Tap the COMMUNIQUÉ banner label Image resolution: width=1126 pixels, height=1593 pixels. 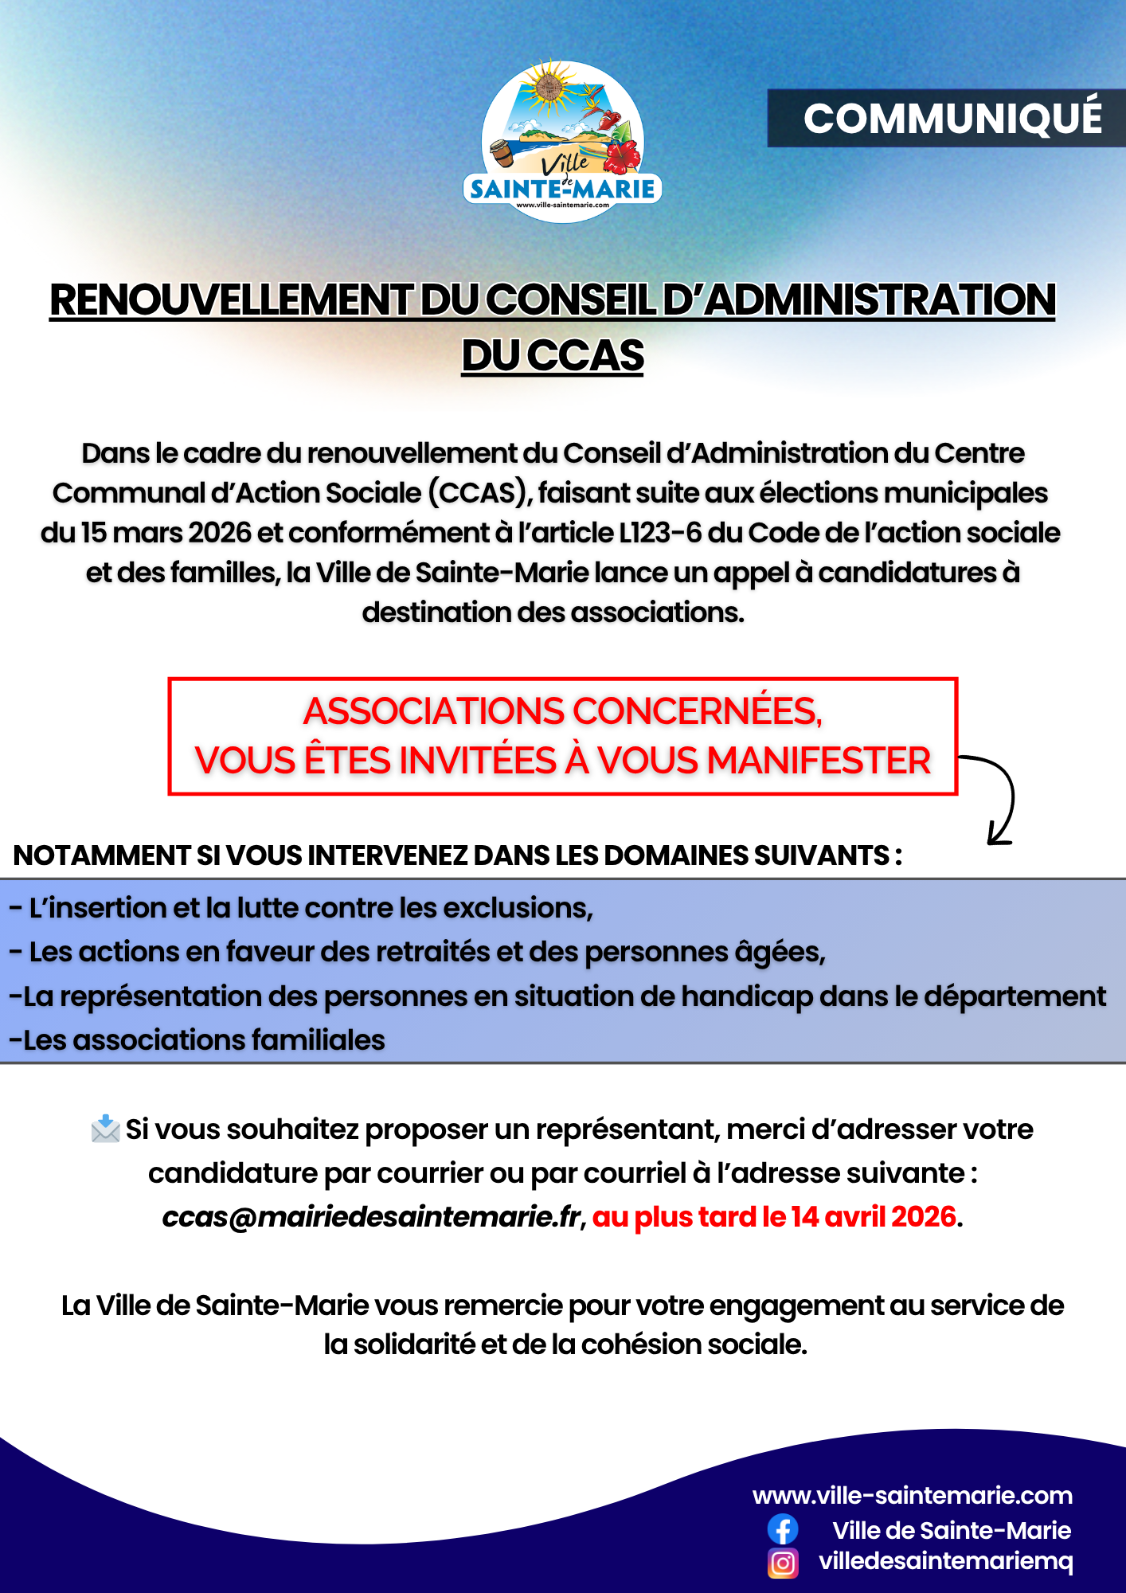click(952, 118)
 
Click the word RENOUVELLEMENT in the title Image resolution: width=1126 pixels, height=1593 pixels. click(230, 300)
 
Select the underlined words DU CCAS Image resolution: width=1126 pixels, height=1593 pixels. click(553, 355)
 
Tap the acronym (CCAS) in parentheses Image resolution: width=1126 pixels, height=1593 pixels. click(480, 493)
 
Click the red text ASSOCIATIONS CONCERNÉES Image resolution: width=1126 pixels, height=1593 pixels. click(562, 710)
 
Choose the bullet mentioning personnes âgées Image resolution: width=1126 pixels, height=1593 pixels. click(417, 952)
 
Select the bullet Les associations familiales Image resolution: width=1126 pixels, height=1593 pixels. click(197, 1040)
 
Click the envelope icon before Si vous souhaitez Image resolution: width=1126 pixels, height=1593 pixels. click(105, 1129)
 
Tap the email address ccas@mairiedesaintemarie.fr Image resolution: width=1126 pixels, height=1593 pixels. click(371, 1217)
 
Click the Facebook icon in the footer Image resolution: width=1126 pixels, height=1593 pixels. click(783, 1530)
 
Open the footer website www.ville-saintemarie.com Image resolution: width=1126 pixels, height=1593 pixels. click(913, 1495)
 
